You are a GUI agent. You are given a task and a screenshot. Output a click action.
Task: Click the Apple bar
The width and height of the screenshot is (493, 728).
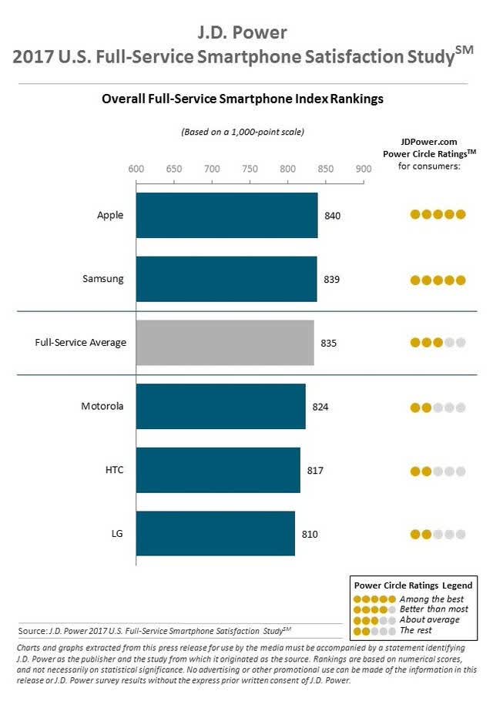coord(227,216)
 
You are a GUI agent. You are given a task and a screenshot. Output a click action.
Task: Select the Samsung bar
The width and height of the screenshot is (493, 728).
coord(226,279)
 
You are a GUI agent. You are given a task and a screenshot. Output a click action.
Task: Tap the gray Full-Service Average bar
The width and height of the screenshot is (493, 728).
coord(225,343)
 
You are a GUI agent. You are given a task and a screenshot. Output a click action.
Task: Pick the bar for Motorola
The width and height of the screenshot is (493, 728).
coord(221,406)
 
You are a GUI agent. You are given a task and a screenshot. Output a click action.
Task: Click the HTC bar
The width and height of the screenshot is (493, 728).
coord(218,470)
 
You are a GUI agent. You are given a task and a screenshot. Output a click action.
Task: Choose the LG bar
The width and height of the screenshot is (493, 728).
coord(216,533)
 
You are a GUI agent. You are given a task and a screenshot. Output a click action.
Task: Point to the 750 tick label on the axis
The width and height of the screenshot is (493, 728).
coord(250,169)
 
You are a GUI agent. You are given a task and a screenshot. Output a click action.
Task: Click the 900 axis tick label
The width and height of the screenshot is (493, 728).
coord(364,169)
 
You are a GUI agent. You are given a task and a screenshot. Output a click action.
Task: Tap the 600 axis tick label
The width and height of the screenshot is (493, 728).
coord(136,169)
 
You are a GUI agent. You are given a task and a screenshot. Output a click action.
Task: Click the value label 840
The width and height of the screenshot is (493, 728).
coord(332,216)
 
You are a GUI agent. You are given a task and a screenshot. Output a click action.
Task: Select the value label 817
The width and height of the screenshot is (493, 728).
coord(315,471)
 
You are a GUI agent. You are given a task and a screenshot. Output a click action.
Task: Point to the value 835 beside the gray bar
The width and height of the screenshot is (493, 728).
coord(329,343)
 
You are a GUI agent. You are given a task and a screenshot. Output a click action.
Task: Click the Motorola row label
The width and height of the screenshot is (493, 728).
coord(102,406)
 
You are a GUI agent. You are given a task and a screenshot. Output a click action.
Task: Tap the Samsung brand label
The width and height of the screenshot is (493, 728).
coord(103,279)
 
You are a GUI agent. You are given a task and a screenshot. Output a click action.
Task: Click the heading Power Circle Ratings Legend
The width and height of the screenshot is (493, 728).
coord(413,585)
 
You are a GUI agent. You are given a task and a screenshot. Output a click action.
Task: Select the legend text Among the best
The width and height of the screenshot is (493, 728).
coord(431,599)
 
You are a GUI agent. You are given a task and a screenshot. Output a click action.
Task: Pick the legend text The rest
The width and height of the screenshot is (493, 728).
coord(416,630)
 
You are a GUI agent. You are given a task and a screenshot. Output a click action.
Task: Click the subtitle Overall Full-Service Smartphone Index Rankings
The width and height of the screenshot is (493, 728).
coord(243,99)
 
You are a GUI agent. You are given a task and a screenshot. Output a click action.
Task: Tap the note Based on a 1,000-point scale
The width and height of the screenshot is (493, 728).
coord(243,132)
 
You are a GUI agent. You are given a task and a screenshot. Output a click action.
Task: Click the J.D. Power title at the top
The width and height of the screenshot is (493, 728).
coord(243,32)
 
